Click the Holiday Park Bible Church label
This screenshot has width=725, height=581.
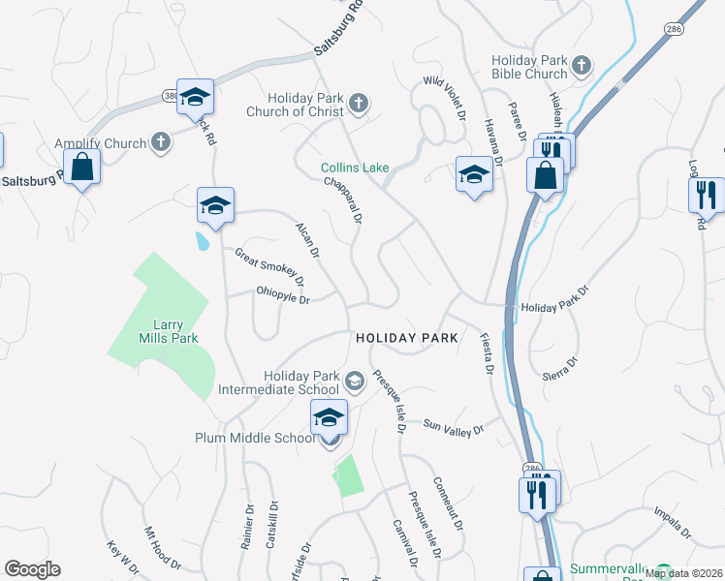529,67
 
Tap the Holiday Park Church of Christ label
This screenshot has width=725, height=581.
308,105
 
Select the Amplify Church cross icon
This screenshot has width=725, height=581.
161,143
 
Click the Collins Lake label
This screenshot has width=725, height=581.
356,168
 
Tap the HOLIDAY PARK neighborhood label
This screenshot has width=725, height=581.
406,338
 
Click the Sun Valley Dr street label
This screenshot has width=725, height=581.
453,424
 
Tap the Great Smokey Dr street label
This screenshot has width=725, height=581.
269,267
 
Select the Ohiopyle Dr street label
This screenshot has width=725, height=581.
282,295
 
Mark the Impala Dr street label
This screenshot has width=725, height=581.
673,520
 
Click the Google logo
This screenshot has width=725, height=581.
33,569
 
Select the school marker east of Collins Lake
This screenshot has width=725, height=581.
473,175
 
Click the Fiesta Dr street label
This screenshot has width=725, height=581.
487,353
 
